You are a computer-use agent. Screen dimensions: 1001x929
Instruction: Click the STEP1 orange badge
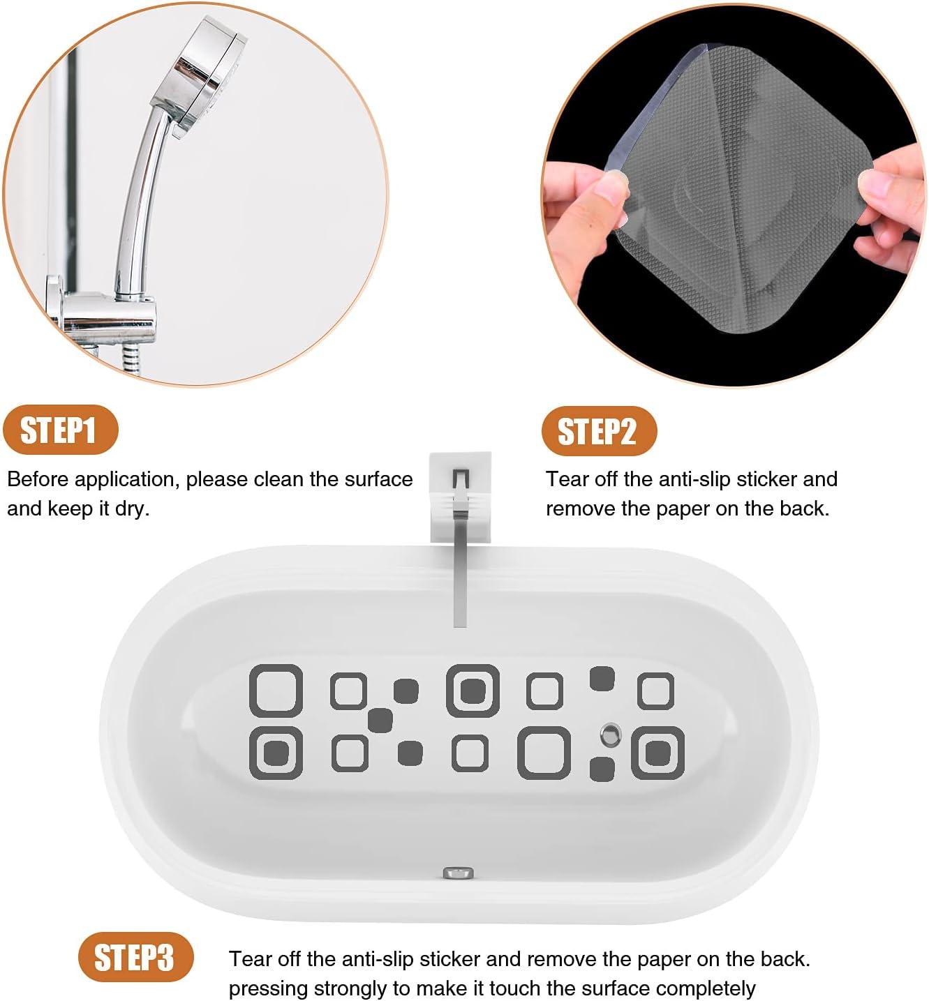coord(59,430)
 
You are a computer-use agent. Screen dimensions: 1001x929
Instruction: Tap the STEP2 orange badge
coord(598,431)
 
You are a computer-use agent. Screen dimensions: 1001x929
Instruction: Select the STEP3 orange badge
coord(134,957)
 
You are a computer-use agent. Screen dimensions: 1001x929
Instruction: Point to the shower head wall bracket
coord(105,314)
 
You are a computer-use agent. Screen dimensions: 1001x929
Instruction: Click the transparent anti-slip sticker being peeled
coord(733,216)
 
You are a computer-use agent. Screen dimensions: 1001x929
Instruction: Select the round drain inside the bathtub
coord(611,733)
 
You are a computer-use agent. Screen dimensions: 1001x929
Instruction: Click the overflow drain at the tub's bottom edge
coord(459,872)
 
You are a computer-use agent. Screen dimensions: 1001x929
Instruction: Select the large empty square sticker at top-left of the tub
coord(276,691)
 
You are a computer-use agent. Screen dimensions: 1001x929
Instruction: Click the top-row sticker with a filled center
coord(473,691)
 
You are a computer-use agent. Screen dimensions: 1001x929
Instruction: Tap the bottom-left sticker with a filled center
coord(276,753)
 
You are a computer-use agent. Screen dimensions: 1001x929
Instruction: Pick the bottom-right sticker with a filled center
coord(657,753)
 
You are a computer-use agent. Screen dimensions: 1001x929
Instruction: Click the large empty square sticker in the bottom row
coord(544,753)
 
